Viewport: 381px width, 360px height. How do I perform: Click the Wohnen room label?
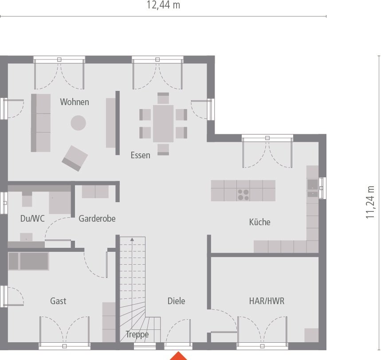click(75, 102)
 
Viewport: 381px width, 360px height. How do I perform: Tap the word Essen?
click(140, 155)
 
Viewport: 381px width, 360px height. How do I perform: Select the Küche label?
click(259, 222)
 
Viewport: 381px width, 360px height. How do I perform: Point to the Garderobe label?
click(97, 218)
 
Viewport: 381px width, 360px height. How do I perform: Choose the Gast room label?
click(58, 301)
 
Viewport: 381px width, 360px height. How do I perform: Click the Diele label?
click(176, 301)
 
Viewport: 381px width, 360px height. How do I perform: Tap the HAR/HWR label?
click(267, 301)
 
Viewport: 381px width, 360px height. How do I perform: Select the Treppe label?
click(137, 335)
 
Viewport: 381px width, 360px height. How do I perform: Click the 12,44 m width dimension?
click(163, 5)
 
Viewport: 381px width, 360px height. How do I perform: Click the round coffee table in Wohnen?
click(79, 122)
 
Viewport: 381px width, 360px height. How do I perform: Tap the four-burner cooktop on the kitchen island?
click(243, 194)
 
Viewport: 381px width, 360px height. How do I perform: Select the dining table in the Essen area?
click(163, 123)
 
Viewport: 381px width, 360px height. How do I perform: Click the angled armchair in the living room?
click(75, 158)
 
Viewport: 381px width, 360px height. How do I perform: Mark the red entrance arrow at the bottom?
click(179, 356)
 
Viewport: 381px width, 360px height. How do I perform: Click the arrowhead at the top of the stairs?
click(132, 240)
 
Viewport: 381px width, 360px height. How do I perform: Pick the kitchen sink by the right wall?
click(312, 188)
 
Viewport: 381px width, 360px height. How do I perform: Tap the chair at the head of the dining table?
click(163, 98)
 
